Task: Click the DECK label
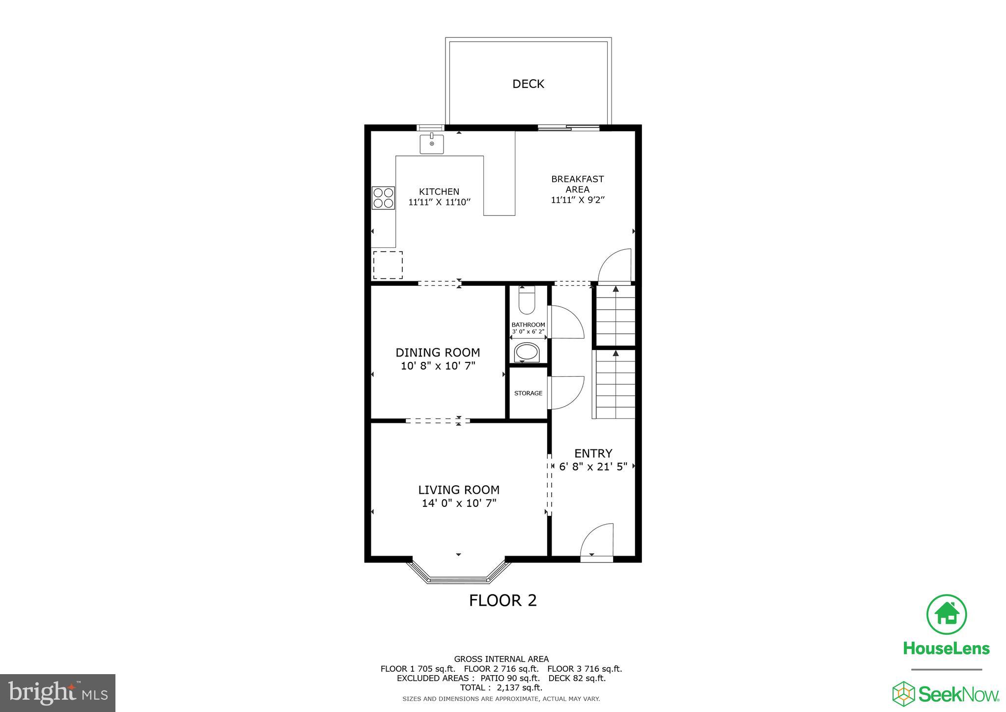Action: coord(528,84)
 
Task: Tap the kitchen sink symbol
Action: coord(431,144)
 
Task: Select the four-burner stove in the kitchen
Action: coord(383,198)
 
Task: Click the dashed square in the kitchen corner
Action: coord(388,265)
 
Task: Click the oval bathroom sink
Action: coord(527,352)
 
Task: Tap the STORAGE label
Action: coord(528,393)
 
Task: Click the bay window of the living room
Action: coord(458,573)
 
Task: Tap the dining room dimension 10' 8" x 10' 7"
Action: coord(438,366)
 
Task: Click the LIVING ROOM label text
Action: coord(458,490)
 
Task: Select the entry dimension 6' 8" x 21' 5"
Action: coord(593,467)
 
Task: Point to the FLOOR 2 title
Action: coord(503,600)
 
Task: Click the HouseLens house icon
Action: coord(946,615)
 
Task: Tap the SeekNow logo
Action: coord(946,693)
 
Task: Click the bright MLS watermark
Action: coord(58,693)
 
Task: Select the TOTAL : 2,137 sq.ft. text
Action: coord(501,687)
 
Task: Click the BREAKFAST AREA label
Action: coord(577,184)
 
